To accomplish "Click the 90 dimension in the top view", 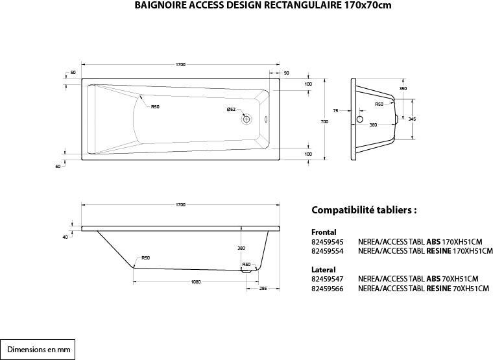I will (x=286, y=72).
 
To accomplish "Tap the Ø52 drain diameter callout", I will (x=231, y=110).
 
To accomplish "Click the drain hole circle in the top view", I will (x=246, y=119).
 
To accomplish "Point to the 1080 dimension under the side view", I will (x=196, y=282).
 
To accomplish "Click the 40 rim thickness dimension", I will (x=65, y=237).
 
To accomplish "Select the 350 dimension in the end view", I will (x=403, y=88).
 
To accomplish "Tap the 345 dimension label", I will (x=412, y=119).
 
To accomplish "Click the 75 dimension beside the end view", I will (x=335, y=111).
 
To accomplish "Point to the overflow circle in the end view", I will (x=360, y=119).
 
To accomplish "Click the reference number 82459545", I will (x=327, y=241).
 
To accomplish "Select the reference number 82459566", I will (x=327, y=288).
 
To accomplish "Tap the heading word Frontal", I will (x=324, y=232).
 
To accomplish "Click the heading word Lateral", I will (x=323, y=269).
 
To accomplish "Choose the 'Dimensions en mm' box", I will (x=38, y=349).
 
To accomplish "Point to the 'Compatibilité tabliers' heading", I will (x=363, y=210).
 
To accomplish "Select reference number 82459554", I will (x=327, y=250).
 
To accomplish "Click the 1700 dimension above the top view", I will (x=180, y=64).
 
